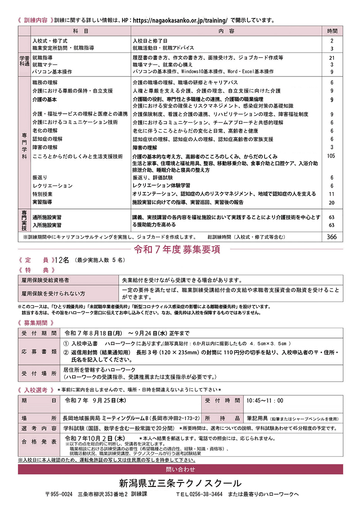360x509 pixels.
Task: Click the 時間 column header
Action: pyautogui.click(x=333, y=31)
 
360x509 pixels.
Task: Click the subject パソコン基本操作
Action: pyautogui.click(x=52, y=71)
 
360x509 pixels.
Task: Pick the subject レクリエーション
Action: pyautogui.click(x=52, y=186)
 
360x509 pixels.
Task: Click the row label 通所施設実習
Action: pyautogui.click(x=47, y=217)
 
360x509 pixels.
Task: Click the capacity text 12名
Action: pyautogui.click(x=62, y=260)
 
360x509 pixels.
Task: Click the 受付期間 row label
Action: pyautogui.click(x=39, y=333)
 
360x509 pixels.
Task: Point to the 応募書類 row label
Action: pyautogui.click(x=39, y=352)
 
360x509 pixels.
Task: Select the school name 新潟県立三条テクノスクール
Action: pyautogui.click(x=180, y=483)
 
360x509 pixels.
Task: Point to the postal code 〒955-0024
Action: pyautogui.click(x=59, y=494)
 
